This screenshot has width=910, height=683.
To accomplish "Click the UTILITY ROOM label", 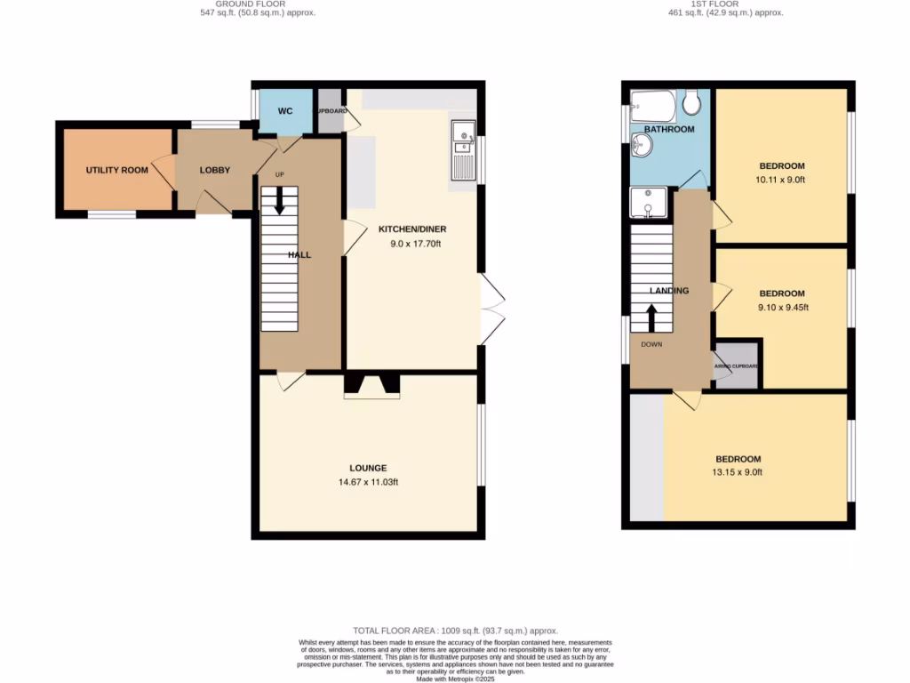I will click(116, 170).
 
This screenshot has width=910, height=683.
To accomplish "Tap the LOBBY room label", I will click(215, 170).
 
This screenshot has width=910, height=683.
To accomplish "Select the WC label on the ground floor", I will click(285, 111).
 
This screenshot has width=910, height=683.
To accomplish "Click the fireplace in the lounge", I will click(371, 384).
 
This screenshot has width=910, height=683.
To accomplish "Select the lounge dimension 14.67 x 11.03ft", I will click(368, 481).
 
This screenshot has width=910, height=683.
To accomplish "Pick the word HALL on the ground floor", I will click(299, 255).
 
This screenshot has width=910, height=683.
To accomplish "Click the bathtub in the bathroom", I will click(653, 106).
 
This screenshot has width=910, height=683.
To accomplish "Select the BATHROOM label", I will click(669, 130).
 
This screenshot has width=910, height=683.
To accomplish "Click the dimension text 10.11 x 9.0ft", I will click(781, 179).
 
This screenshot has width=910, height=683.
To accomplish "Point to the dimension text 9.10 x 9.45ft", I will click(781, 307).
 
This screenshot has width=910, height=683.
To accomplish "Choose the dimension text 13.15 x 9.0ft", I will click(738, 472).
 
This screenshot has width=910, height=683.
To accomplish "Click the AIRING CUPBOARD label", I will click(737, 366).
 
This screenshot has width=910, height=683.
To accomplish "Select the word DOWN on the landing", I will click(651, 343).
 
